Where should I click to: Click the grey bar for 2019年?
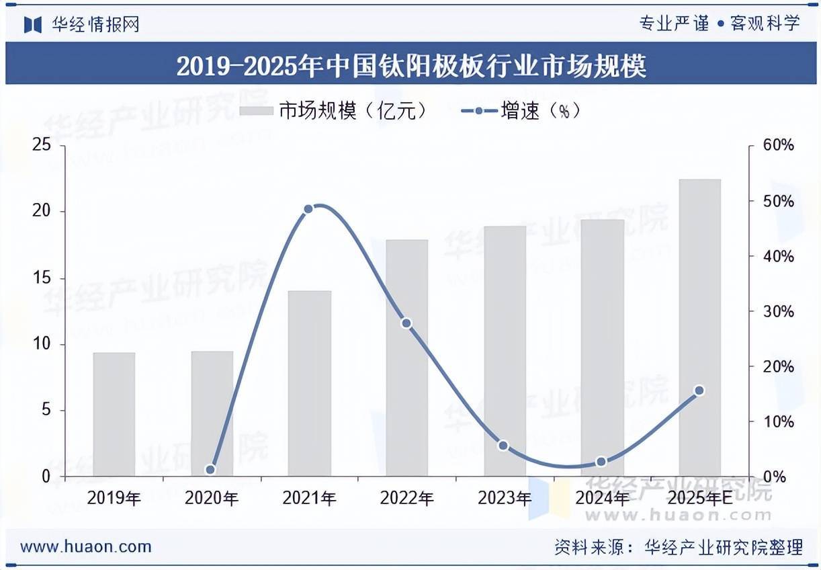coord(114,414)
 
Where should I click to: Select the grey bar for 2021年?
coord(310,383)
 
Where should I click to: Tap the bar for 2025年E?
coord(699,327)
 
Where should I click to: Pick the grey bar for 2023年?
coord(505,351)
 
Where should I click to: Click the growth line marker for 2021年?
coord(308,209)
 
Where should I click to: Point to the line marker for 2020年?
coord(210,470)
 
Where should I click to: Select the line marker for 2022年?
coord(406,323)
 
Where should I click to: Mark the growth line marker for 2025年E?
coord(699,391)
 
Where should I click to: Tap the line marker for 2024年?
coord(601,462)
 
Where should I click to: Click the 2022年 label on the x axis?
coord(406,498)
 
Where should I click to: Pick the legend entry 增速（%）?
coord(521,111)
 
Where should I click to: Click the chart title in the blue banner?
coord(410,67)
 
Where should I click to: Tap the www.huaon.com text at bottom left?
coord(85,546)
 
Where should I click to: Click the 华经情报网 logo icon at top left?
coord(33,24)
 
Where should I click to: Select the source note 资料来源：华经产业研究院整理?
coord(679,547)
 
